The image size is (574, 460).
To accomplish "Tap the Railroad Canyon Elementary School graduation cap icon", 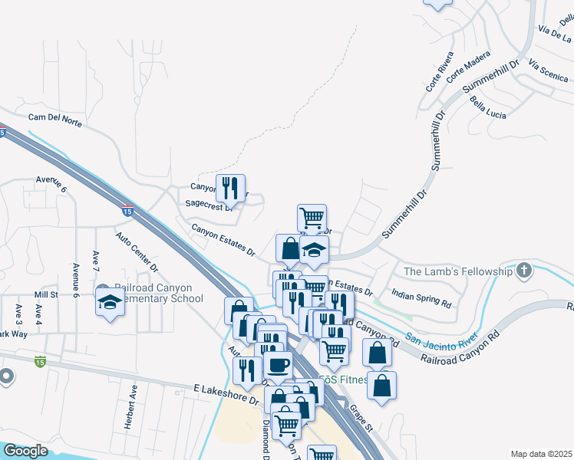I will point(111,303).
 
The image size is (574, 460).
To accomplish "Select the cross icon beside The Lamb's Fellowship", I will point(524,270).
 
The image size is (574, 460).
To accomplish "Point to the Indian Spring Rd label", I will point(421,298).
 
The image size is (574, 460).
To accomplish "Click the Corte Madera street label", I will point(468,67).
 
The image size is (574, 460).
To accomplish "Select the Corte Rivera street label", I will point(440,71).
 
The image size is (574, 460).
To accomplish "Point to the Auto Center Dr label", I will point(137,253).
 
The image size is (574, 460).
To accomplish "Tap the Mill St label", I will point(46,294).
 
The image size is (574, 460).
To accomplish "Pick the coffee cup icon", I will point(277,365).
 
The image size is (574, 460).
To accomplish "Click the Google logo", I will point(25,451).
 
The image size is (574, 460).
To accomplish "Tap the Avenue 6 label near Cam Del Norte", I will point(52,184).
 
